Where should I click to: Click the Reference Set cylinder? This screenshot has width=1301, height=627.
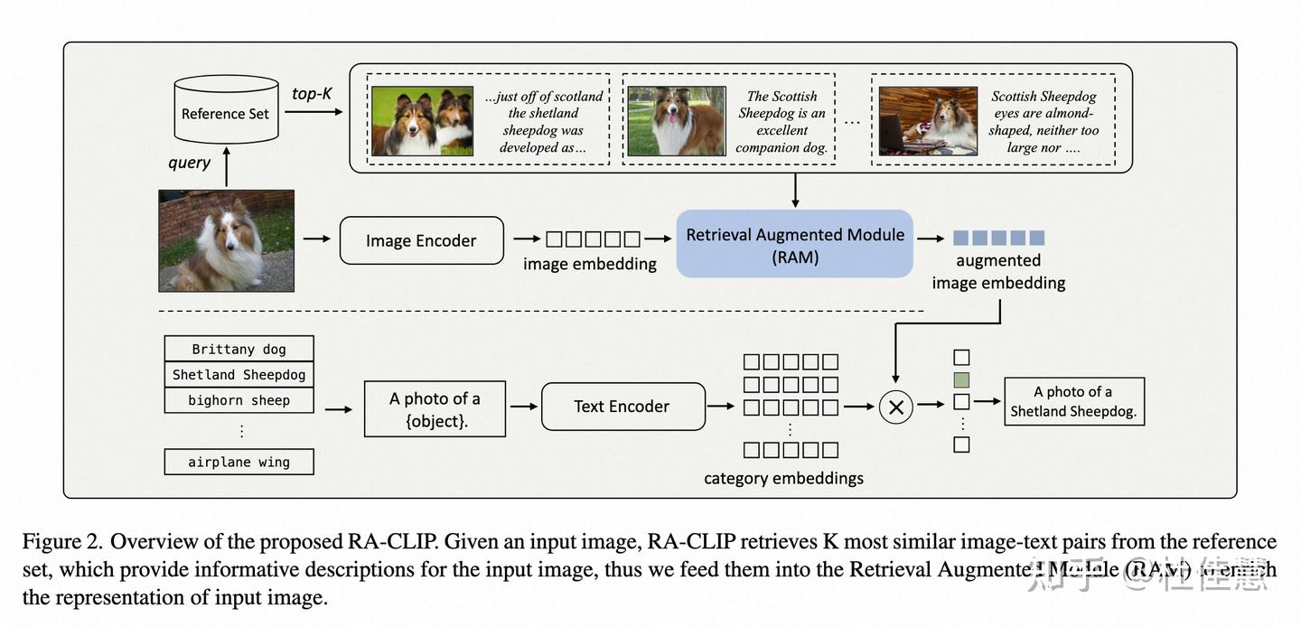click(225, 112)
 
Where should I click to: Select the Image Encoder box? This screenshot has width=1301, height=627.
click(421, 240)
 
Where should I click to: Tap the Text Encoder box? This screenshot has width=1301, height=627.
click(622, 407)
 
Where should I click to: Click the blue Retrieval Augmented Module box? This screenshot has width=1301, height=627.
click(794, 244)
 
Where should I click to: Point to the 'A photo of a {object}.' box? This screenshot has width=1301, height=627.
click(435, 409)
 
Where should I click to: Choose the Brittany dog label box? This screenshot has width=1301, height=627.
click(239, 349)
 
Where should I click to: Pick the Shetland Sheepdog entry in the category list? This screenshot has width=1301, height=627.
click(239, 374)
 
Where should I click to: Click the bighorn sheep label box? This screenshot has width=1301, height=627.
click(239, 400)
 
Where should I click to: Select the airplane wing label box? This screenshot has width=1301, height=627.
click(239, 462)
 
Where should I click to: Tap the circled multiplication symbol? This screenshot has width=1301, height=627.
click(896, 407)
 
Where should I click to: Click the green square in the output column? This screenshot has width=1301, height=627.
click(961, 379)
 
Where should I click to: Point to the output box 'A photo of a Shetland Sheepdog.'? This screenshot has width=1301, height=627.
click(1073, 402)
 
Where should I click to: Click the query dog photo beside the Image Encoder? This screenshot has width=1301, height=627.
click(226, 240)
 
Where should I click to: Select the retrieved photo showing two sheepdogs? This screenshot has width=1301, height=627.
click(422, 121)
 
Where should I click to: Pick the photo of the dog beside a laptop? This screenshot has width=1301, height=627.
click(928, 121)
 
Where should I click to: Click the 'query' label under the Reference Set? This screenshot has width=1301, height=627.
click(189, 163)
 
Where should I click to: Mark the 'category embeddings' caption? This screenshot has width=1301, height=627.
click(783, 478)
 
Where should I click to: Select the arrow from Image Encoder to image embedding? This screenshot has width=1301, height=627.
click(525, 239)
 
